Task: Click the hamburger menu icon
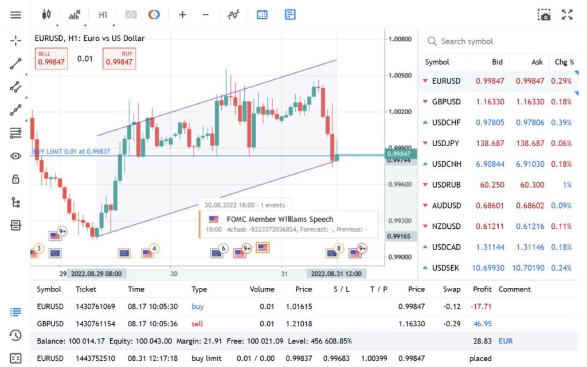[x=15, y=15]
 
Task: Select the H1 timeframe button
[x=103, y=15]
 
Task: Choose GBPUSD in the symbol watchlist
[x=446, y=101]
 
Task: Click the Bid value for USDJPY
[x=490, y=143]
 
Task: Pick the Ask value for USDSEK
[x=529, y=268]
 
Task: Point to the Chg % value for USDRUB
[x=566, y=185]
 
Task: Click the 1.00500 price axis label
[x=400, y=76]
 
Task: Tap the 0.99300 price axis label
[x=400, y=221]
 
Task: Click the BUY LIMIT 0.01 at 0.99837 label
[x=71, y=151]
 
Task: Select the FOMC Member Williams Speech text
[x=280, y=219]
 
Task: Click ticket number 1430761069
[x=95, y=307]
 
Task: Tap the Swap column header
[x=452, y=290]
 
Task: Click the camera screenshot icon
[x=544, y=15]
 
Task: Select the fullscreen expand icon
[x=567, y=15]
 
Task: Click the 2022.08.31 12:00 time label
[x=336, y=274]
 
